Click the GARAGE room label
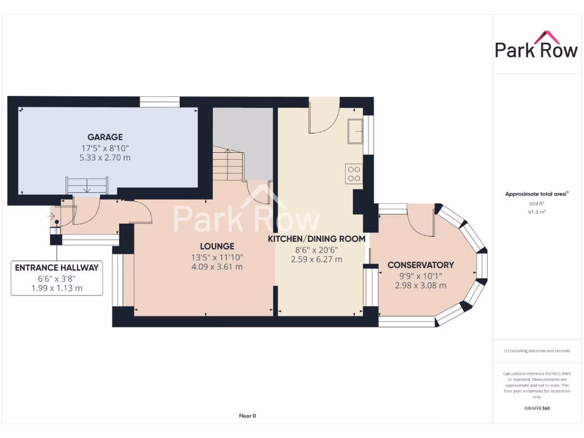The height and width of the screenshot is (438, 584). pyautogui.click(x=105, y=137)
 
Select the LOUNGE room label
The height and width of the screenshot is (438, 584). pyautogui.click(x=217, y=246)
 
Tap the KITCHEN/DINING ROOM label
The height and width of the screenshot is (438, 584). pyautogui.click(x=317, y=239)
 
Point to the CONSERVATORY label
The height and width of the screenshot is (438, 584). pyautogui.click(x=420, y=265)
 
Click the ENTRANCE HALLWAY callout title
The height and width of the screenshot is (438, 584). pyautogui.click(x=56, y=267)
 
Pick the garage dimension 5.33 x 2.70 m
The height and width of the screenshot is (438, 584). pyautogui.click(x=105, y=157)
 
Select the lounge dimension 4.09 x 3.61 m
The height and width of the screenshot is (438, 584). pyautogui.click(x=217, y=267)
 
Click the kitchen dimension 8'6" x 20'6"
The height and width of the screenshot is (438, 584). pyautogui.click(x=317, y=249)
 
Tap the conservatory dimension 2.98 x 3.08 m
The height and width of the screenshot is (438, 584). pyautogui.click(x=420, y=286)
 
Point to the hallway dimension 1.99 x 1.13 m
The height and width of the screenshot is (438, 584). pyautogui.click(x=56, y=288)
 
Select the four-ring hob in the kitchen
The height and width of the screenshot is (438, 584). pyautogui.click(x=354, y=173)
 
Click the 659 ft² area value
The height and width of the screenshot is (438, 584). pyautogui.click(x=536, y=203)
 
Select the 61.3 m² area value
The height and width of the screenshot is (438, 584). pyautogui.click(x=536, y=212)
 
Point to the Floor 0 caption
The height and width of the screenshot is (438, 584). pyautogui.click(x=247, y=416)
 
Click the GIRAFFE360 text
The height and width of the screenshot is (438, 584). pyautogui.click(x=536, y=408)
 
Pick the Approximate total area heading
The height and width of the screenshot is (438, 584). pyautogui.click(x=536, y=194)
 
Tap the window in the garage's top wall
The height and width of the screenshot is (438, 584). pyautogui.click(x=160, y=102)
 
